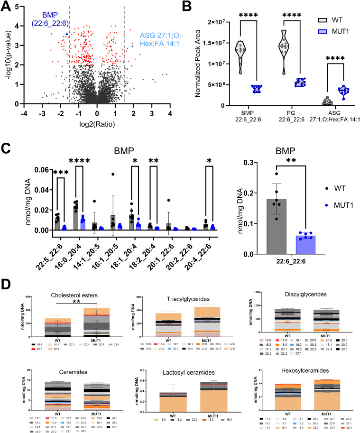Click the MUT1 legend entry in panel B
point(334,32)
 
